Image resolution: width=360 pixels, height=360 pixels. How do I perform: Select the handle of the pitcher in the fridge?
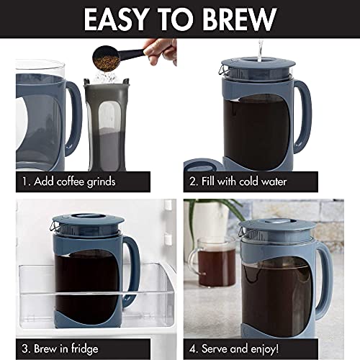click(132, 266)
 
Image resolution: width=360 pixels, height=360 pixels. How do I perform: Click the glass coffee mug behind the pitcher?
click(209, 271)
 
